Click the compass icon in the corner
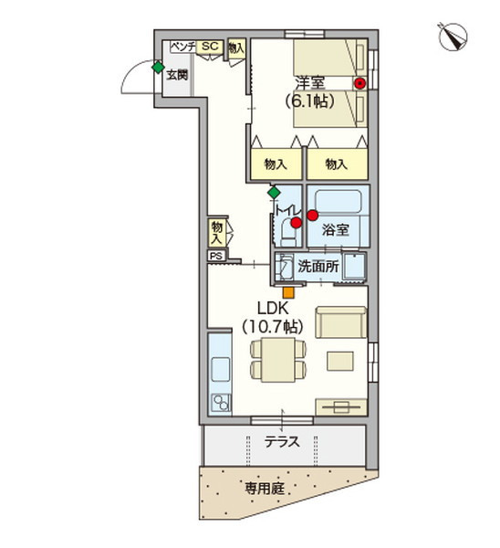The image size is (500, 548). click(x=453, y=37)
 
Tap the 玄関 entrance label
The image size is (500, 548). click(x=177, y=75)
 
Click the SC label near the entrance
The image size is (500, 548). click(x=209, y=47)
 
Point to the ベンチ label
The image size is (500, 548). click(x=180, y=47)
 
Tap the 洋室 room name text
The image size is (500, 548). click(x=311, y=82)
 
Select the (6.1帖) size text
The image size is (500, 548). click(x=311, y=100)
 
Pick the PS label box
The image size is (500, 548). click(x=216, y=256)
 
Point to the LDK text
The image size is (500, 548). click(x=271, y=307)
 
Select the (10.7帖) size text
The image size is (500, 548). click(x=271, y=325)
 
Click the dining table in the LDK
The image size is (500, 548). click(x=275, y=358)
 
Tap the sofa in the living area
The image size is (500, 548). click(x=340, y=322)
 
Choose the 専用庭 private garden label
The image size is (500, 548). click(x=263, y=489)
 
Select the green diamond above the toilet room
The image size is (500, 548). click(x=274, y=194)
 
